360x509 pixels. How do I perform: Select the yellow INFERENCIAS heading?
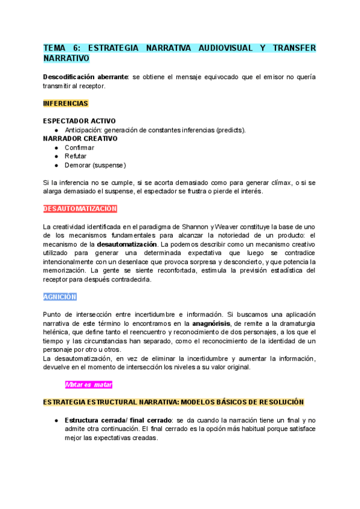tap(66, 103)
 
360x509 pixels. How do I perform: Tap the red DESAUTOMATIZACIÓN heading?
tap(80, 209)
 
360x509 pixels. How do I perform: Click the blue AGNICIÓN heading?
tap(60, 297)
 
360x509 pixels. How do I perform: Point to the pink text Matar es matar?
tap(89, 384)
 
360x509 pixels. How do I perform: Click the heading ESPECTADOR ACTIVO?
tap(79, 121)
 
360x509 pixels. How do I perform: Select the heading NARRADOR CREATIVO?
tap(80, 139)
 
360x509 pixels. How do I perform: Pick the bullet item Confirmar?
tap(79, 148)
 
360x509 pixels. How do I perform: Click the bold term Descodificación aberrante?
tap(86, 77)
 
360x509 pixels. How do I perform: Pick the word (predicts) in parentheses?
tap(229, 130)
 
